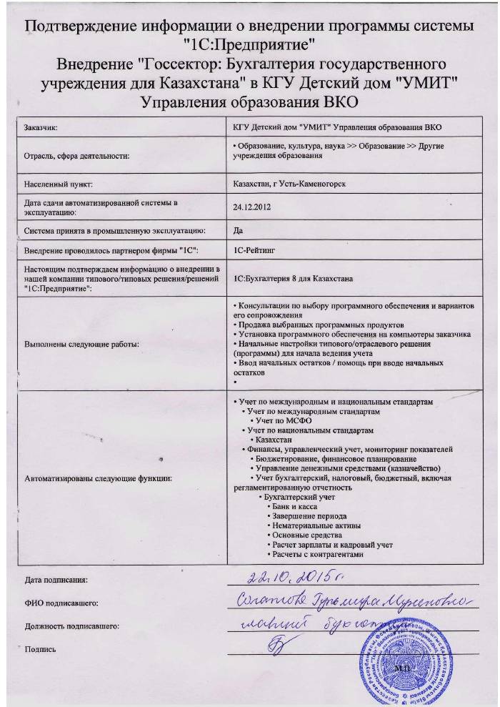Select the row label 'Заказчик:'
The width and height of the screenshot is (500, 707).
41,128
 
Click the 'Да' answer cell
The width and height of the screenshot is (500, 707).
239,231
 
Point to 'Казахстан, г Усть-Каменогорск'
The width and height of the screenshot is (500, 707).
285,184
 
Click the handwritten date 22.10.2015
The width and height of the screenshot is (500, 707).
293,577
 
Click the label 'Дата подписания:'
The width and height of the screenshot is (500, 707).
56,580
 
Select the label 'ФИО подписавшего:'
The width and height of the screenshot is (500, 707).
60,604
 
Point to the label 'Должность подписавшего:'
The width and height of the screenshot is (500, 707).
71,626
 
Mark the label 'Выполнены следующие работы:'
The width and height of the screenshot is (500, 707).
81,345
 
